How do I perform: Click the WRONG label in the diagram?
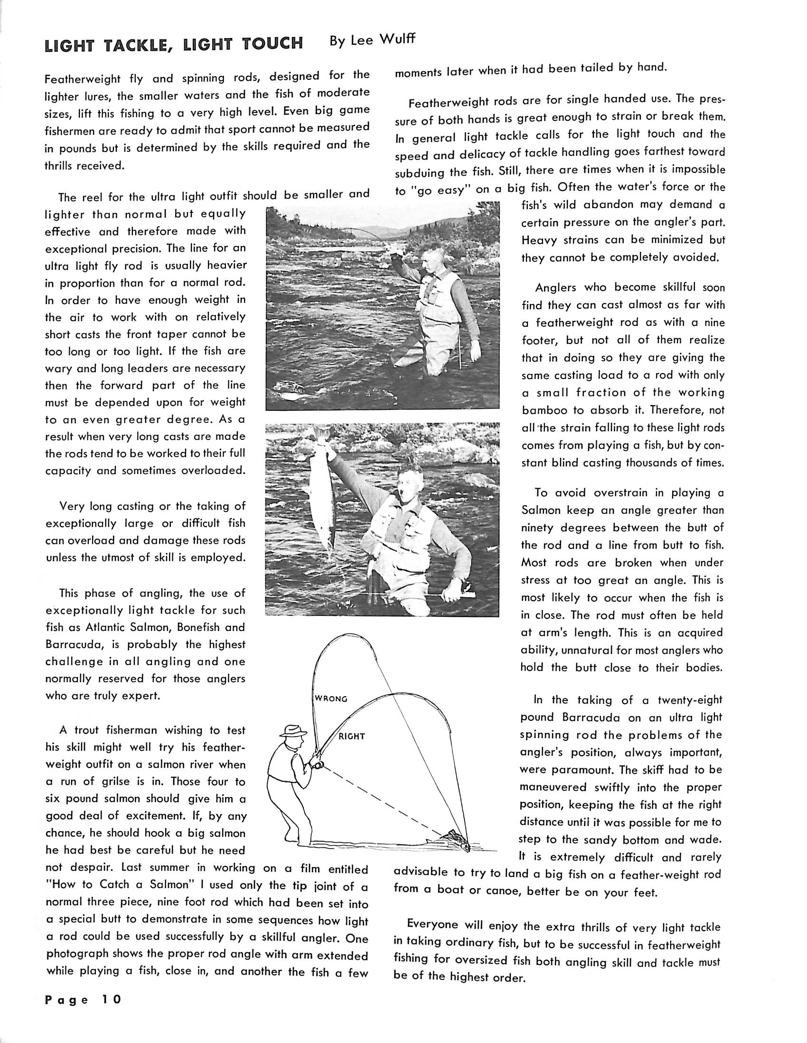tap(330, 699)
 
